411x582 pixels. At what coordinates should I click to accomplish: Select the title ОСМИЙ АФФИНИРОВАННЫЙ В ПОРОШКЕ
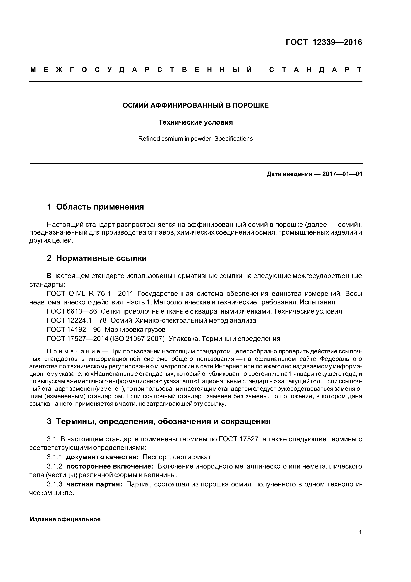[x=196, y=106]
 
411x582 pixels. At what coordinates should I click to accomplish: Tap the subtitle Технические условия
[x=196, y=122]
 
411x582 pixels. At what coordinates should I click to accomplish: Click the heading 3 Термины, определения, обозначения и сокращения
[x=159, y=421]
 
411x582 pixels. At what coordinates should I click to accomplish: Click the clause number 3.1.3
[x=55, y=484]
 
